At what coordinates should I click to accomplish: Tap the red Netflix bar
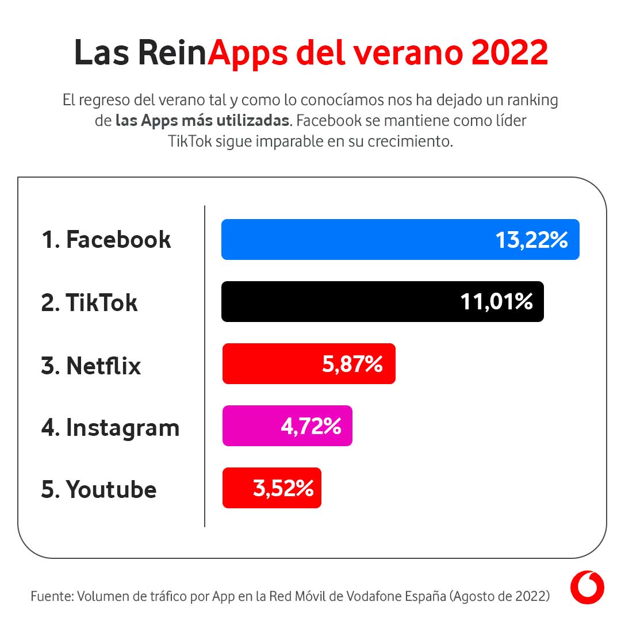click(270, 363)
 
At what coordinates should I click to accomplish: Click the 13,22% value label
click(531, 240)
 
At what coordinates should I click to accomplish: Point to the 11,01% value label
click(496, 302)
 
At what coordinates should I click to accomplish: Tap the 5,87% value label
click(352, 364)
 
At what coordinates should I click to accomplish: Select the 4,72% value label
click(310, 426)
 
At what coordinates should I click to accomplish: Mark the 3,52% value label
click(283, 488)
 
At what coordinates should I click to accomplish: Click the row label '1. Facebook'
click(106, 239)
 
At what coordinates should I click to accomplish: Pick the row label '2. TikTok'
click(89, 302)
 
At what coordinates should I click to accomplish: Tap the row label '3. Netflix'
click(91, 365)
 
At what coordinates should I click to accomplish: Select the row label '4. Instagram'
click(110, 427)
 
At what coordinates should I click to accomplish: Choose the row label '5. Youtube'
click(99, 489)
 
